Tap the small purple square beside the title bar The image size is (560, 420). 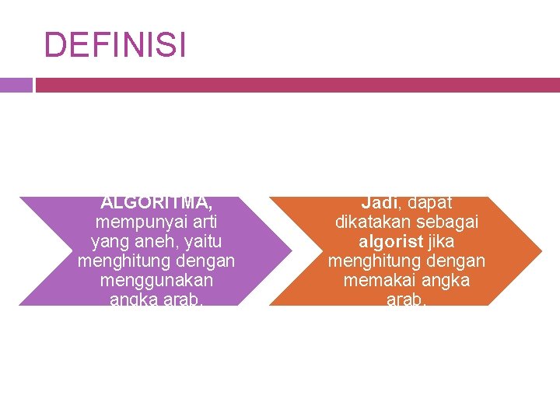click(16, 85)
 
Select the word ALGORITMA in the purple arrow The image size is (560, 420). click(156, 203)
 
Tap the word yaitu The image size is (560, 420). click(201, 242)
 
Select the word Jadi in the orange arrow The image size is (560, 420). click(379, 203)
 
